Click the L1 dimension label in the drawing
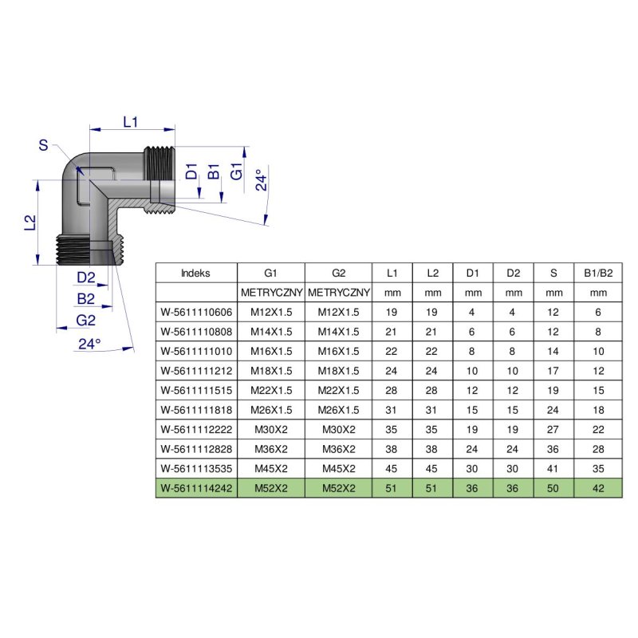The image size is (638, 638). click(x=131, y=121)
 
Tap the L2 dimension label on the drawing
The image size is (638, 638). click(x=29, y=223)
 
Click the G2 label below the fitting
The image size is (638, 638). click(x=85, y=321)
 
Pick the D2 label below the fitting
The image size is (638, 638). click(x=86, y=278)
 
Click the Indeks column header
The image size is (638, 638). click(x=195, y=273)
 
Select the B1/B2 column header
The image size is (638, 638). click(x=597, y=273)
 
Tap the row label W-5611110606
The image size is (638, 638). click(x=196, y=312)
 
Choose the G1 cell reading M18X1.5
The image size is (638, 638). click(x=271, y=371)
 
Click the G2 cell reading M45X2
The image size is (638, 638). click(x=339, y=468)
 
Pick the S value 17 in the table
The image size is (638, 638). click(x=553, y=371)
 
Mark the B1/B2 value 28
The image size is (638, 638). click(x=597, y=449)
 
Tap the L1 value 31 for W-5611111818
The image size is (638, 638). click(x=392, y=410)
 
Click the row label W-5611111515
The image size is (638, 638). click(x=196, y=390)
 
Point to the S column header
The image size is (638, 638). click(x=553, y=273)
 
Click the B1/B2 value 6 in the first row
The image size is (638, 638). click(x=597, y=312)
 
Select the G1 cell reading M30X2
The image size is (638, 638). click(x=271, y=429)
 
